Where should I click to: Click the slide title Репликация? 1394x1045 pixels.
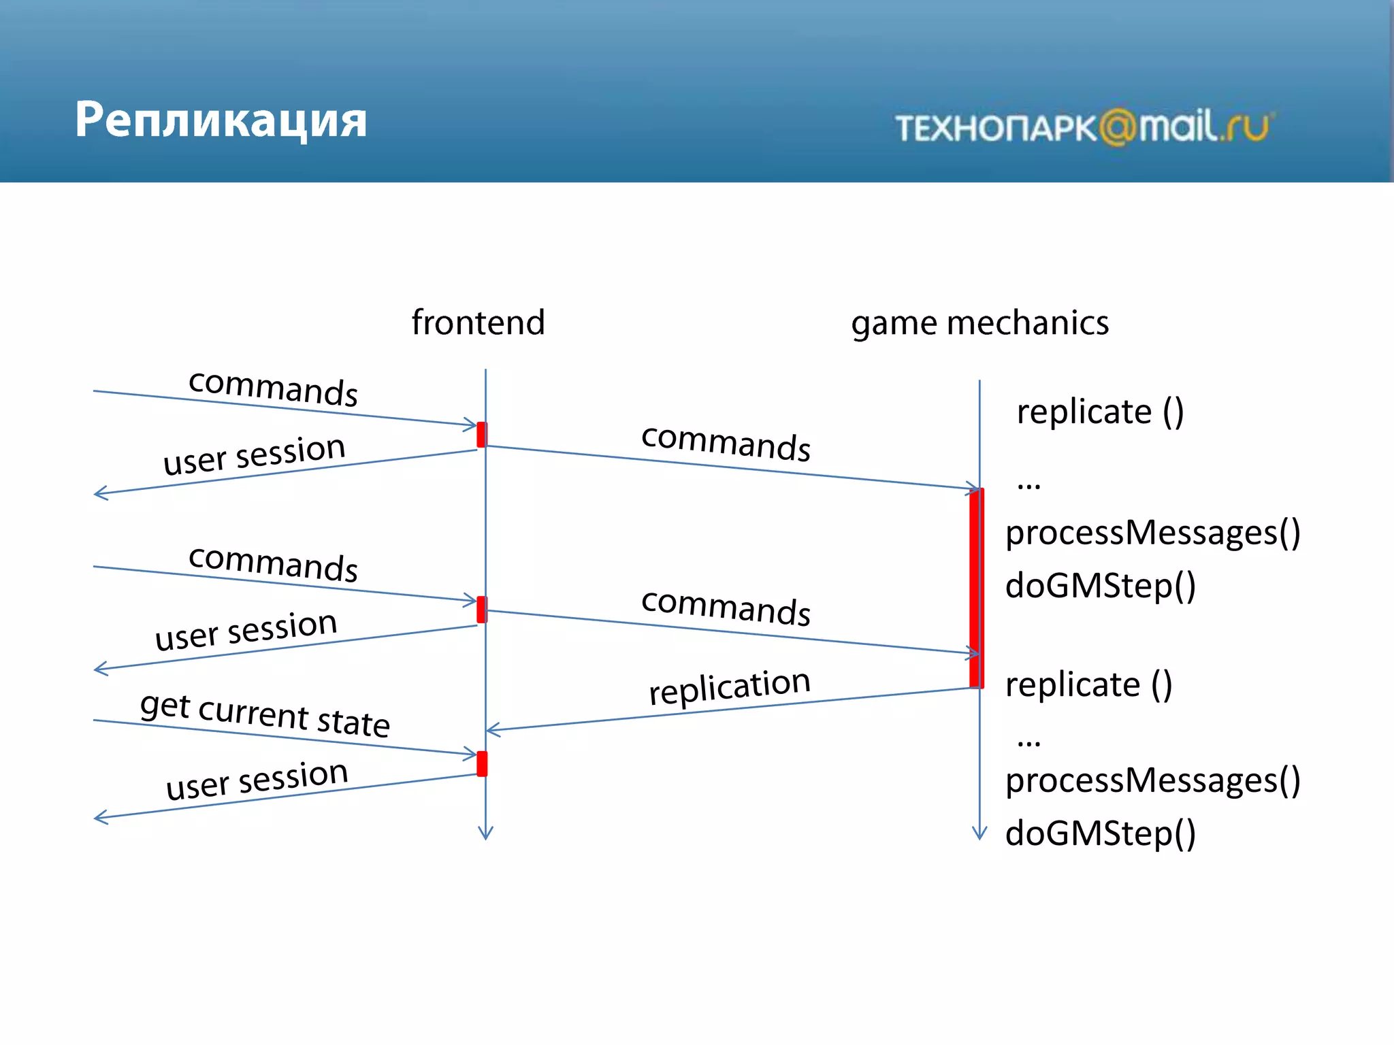pyautogui.click(x=221, y=120)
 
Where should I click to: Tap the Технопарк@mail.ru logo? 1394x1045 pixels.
pyautogui.click(x=1084, y=127)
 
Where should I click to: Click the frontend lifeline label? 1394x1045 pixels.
pyautogui.click(x=478, y=322)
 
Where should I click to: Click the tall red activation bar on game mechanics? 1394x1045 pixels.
pyautogui.click(x=976, y=588)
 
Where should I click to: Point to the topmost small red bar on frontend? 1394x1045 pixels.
pyautogui.click(x=482, y=435)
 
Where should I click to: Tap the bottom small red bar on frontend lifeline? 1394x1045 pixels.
pyautogui.click(x=482, y=763)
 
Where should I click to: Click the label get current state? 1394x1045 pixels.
pyautogui.click(x=265, y=715)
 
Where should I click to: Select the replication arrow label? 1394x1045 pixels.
pyautogui.click(x=729, y=686)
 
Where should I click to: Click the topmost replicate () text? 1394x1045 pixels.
pyautogui.click(x=1100, y=412)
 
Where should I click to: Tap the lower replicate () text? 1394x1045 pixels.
pyautogui.click(x=1088, y=684)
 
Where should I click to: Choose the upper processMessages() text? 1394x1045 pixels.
pyautogui.click(x=1152, y=533)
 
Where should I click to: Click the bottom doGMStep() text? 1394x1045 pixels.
pyautogui.click(x=1100, y=833)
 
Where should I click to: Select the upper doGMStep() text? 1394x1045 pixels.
pyautogui.click(x=1100, y=586)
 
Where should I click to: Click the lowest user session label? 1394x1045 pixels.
pyautogui.click(x=257, y=780)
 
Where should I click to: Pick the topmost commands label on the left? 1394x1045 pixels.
pyautogui.click(x=273, y=388)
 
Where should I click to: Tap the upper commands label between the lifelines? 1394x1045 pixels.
pyautogui.click(x=726, y=442)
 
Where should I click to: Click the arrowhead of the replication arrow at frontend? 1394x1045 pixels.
pyautogui.click(x=491, y=730)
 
